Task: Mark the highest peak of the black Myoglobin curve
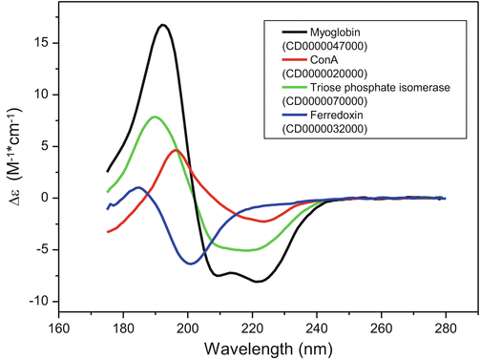tap(164, 26)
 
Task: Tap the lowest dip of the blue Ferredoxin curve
tap(191, 263)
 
